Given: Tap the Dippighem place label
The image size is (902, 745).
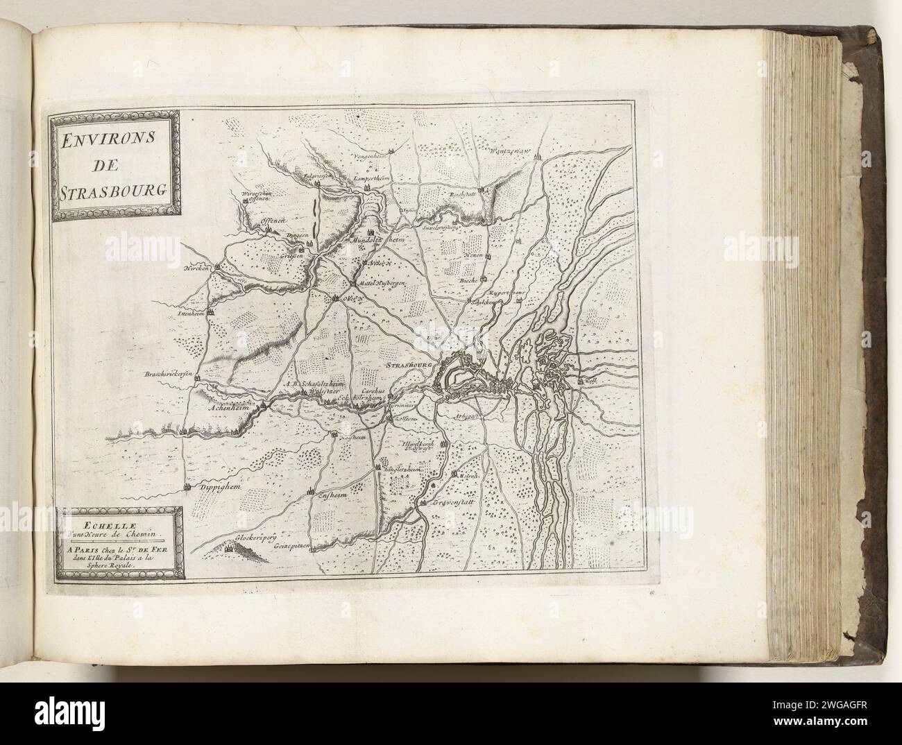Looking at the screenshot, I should [219, 488].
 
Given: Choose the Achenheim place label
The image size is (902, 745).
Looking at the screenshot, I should [228, 409].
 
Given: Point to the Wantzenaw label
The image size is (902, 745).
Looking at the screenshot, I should [510, 151].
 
